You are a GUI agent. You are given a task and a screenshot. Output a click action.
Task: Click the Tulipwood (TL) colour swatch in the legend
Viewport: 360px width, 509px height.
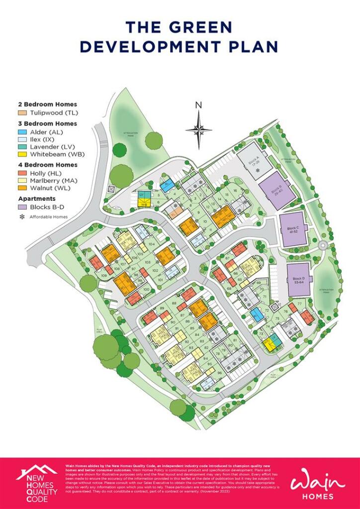[20, 113]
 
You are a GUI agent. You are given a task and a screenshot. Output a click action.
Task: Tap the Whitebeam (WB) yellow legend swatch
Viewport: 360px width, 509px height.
[20, 155]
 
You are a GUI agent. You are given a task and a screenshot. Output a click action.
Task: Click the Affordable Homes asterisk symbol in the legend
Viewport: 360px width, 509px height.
[20, 217]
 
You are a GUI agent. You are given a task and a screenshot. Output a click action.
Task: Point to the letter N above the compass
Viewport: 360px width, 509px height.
[198, 105]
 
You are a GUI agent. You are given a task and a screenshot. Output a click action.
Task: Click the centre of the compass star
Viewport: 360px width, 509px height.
[198, 130]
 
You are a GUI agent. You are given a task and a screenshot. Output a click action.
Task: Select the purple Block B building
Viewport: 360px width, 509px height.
[277, 190]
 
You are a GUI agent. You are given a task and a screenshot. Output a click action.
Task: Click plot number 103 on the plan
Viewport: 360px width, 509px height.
[147, 262]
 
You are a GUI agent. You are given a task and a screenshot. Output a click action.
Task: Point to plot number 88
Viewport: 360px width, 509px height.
[174, 303]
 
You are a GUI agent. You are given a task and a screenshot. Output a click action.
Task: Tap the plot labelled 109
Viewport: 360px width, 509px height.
[104, 275]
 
